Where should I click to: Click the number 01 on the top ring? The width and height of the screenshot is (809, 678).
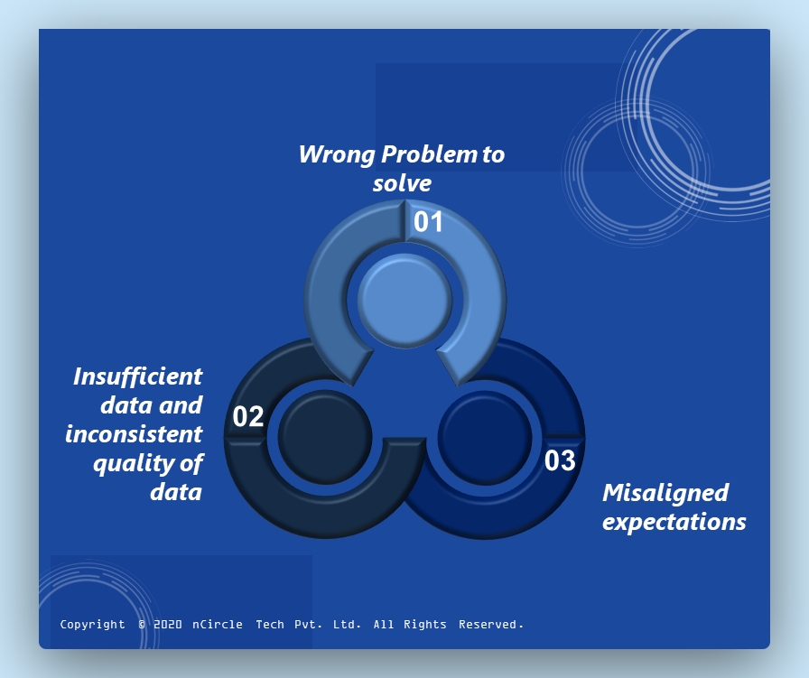click(x=428, y=222)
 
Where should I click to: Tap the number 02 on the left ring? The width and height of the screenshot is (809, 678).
click(x=248, y=416)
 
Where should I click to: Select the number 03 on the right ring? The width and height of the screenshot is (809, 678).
click(x=560, y=460)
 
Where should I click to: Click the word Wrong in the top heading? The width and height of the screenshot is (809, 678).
click(x=337, y=154)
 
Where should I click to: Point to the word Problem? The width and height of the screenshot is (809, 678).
click(x=429, y=154)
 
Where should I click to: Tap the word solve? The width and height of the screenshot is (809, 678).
click(x=402, y=183)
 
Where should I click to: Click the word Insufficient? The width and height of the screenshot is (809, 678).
click(x=138, y=376)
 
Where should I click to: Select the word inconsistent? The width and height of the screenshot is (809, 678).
click(x=134, y=434)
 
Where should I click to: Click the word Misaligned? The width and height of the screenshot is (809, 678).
click(x=665, y=493)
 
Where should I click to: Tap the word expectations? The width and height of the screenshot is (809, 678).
click(x=674, y=522)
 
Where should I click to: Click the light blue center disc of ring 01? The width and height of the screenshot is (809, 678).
click(x=405, y=301)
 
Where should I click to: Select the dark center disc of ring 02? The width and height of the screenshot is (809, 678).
click(x=325, y=437)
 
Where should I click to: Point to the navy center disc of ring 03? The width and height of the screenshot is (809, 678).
click(x=485, y=437)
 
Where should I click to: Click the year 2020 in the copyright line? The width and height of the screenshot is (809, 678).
click(x=168, y=625)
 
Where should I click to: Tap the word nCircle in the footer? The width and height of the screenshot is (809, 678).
click(x=218, y=625)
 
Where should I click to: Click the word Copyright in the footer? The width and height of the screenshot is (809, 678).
click(x=92, y=625)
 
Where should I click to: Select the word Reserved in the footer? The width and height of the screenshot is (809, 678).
click(x=490, y=625)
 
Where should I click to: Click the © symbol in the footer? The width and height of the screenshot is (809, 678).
click(x=142, y=625)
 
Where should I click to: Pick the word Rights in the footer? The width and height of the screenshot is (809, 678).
click(x=424, y=625)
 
